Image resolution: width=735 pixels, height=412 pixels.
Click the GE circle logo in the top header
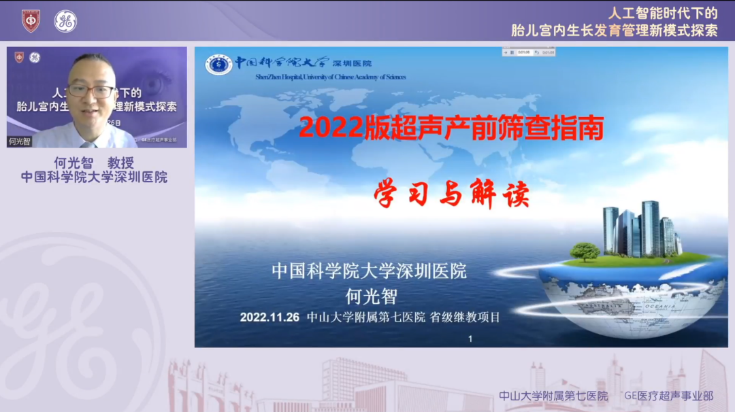point(65,21)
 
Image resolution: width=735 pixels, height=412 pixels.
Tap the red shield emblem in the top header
point(31,20)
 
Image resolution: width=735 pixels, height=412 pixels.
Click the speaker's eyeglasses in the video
point(91,91)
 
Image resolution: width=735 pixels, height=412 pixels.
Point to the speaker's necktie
point(88,144)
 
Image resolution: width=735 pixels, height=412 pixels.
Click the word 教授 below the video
point(120,163)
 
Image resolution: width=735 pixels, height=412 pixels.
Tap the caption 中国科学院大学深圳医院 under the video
point(94,177)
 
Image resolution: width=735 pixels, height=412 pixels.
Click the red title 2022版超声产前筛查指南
point(451,128)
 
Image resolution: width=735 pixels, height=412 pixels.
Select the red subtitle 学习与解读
point(451,195)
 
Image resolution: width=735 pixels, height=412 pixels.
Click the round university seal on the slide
point(218,65)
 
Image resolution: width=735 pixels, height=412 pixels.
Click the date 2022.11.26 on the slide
point(269,317)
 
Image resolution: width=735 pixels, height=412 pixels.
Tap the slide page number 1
point(470,339)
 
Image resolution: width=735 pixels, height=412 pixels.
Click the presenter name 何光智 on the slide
point(370,296)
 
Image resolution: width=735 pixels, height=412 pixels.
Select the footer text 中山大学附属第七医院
point(553,396)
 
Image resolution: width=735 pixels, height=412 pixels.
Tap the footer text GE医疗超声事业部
point(669,396)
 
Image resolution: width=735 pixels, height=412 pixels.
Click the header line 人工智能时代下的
point(663,13)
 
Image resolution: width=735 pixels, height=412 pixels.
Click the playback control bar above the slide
point(529,52)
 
